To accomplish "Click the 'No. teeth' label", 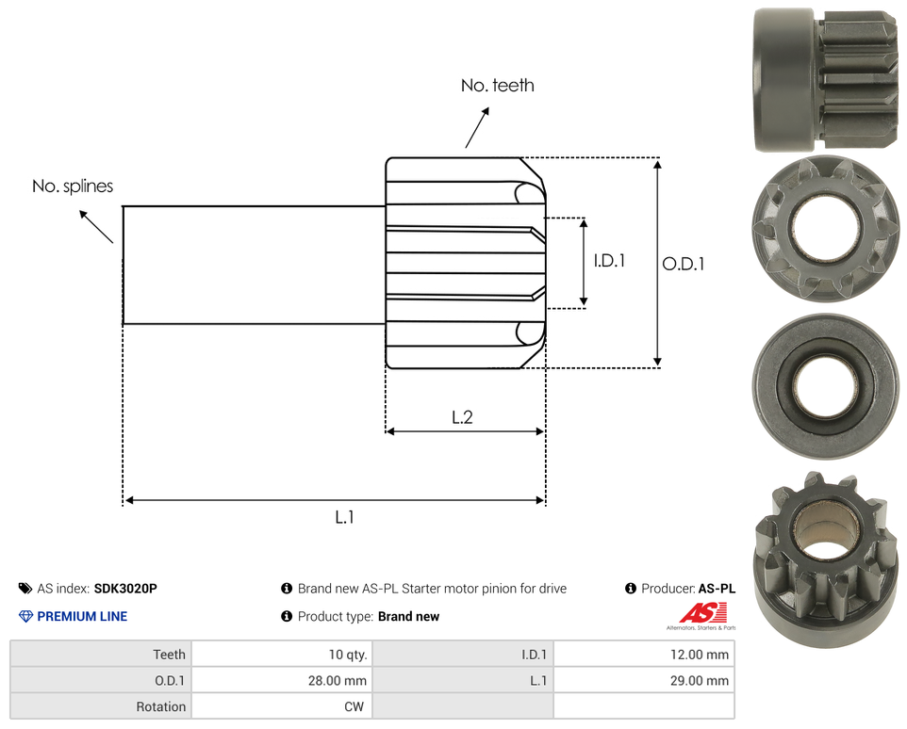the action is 498,86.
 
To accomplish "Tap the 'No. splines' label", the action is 73,186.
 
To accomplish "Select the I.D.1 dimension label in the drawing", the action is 609,261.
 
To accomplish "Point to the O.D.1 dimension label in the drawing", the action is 684,264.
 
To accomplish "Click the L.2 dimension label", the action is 462,417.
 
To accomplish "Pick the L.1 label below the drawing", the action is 345,517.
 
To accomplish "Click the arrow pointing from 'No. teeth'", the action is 477,128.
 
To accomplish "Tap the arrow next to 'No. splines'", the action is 96,226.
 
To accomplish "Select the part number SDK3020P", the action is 125,589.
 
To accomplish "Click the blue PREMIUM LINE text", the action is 82,616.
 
